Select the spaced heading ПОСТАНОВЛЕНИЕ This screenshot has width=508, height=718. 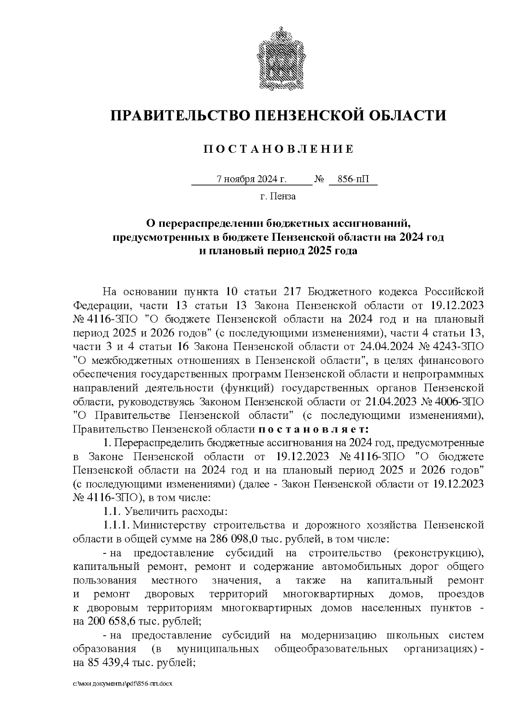coord(278,149)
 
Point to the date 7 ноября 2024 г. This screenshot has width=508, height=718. coord(251,179)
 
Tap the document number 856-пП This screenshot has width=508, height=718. coord(353,179)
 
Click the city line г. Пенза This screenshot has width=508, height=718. coord(278,196)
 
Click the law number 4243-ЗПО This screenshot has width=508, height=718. coord(459,347)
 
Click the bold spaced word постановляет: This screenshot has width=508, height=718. coord(313,429)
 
